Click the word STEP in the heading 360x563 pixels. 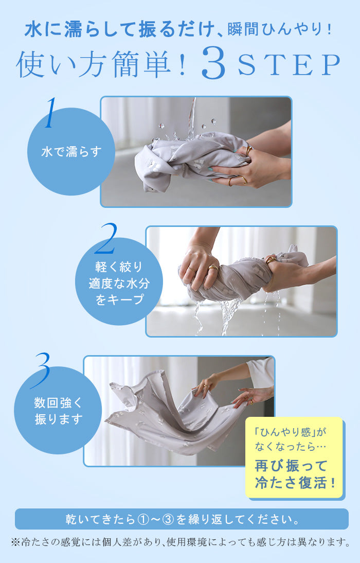[289, 65]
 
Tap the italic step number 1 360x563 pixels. [50, 113]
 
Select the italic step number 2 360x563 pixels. [106, 238]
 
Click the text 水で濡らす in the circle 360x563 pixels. [71, 152]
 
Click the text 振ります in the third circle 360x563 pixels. [59, 419]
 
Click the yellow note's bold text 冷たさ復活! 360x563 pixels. [295, 483]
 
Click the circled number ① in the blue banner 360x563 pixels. [143, 519]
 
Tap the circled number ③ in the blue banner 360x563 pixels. [169, 519]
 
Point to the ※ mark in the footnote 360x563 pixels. [16, 542]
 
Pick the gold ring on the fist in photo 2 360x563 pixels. [213, 268]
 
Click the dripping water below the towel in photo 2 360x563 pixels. [230, 316]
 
